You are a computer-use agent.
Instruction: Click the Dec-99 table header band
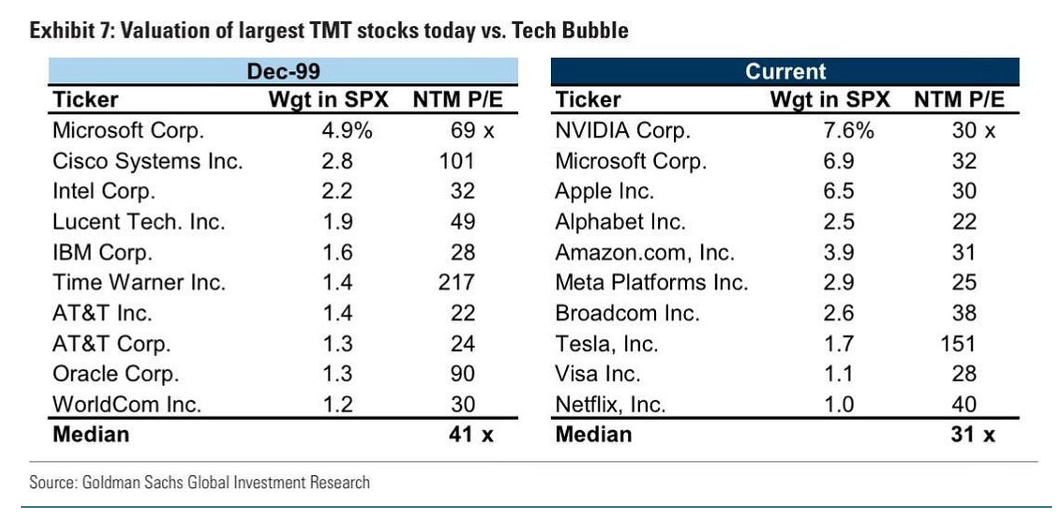(283, 71)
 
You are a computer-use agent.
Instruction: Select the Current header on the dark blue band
(785, 71)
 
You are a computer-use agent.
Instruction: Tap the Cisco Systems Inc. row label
(147, 161)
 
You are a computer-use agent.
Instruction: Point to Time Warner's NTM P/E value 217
(456, 283)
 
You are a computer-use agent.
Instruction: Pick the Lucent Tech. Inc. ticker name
(138, 222)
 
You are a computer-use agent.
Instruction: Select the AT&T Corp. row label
(111, 344)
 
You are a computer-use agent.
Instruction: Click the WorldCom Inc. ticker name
(126, 404)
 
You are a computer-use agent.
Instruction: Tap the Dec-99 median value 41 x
(467, 434)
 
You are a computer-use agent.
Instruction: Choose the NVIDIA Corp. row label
(623, 131)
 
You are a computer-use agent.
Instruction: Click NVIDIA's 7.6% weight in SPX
(849, 131)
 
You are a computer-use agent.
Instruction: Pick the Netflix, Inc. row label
(610, 404)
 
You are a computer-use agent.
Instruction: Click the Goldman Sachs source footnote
(199, 483)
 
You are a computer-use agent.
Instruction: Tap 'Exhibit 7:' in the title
(69, 31)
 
